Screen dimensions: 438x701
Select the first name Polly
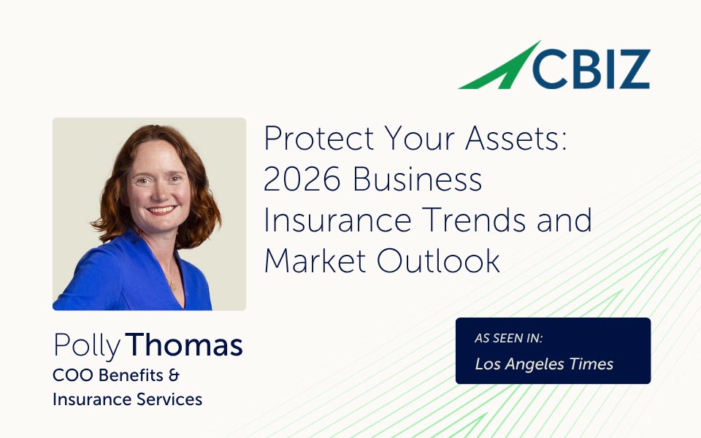(85, 345)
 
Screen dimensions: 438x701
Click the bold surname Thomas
(184, 345)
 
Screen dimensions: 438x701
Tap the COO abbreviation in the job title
(69, 375)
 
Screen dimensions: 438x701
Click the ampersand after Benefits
(174, 375)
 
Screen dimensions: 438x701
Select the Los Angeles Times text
(544, 364)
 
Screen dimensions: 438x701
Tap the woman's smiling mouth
(161, 210)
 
